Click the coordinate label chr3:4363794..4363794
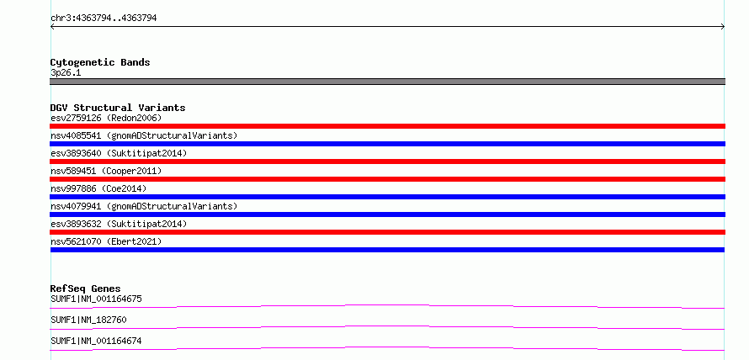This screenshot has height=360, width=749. (104, 19)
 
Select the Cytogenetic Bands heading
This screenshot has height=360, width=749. (100, 62)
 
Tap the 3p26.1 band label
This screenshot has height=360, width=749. (66, 73)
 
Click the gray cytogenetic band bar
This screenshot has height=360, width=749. (387, 82)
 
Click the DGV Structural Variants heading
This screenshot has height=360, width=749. (118, 108)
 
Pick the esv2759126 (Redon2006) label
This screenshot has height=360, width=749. (106, 118)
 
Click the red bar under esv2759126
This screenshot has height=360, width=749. (387, 126)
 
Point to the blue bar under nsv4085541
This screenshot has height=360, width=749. (387, 144)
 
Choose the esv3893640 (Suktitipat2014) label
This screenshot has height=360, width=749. (119, 153)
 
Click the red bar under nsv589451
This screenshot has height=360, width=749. (387, 179)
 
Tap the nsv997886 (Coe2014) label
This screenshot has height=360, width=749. (98, 188)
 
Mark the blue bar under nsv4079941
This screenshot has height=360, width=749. (387, 214)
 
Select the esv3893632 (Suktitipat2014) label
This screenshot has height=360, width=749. (119, 224)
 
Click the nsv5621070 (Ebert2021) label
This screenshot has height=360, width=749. (106, 241)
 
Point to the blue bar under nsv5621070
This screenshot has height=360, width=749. (387, 250)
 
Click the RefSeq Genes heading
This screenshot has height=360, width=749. (85, 289)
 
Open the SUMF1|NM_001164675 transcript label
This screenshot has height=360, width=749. (96, 299)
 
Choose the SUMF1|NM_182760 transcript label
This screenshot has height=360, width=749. (88, 320)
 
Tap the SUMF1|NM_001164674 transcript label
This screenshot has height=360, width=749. (96, 341)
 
